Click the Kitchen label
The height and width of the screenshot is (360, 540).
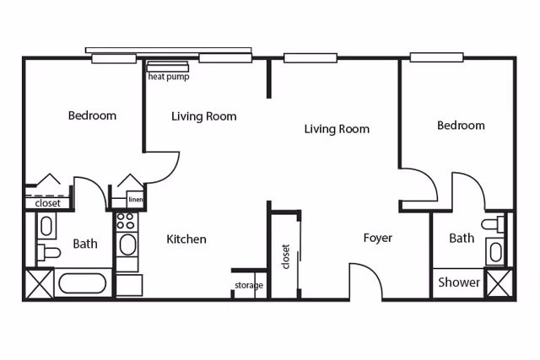(x=186, y=239)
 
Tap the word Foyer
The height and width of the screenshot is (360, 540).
(x=377, y=239)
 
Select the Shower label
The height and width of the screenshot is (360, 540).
(x=459, y=282)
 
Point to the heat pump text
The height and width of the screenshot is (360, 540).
(x=169, y=76)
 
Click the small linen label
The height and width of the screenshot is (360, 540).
(x=136, y=200)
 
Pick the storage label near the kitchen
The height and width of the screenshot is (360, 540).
(x=249, y=286)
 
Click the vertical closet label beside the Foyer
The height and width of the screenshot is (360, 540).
(x=286, y=256)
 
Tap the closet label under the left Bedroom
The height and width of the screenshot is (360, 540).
(x=47, y=203)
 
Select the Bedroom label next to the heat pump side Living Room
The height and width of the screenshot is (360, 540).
(x=92, y=116)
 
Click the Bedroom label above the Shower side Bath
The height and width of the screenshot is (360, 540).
(x=461, y=126)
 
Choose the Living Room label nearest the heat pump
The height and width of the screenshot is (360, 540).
(x=203, y=116)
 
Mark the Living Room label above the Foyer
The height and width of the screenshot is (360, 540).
(x=337, y=129)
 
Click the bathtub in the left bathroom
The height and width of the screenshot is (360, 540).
(x=82, y=284)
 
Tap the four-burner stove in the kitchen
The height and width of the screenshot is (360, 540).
(x=126, y=222)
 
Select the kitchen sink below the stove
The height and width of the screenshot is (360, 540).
(x=127, y=245)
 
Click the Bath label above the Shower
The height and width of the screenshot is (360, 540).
(x=461, y=239)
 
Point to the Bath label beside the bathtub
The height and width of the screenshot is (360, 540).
(x=84, y=244)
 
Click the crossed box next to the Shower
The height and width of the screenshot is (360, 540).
(x=499, y=282)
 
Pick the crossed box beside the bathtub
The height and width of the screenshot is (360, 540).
(x=39, y=282)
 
